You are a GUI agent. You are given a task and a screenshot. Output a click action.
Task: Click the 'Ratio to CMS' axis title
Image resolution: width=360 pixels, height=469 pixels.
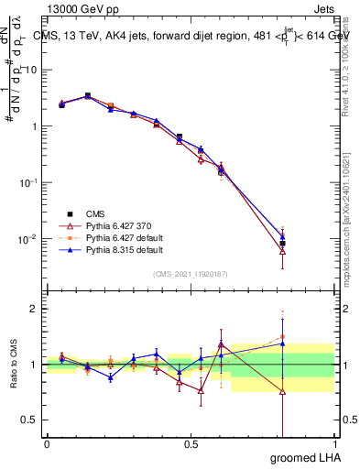pos(15,365)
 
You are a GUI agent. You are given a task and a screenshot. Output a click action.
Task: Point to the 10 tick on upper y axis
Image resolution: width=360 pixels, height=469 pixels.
pos(31,70)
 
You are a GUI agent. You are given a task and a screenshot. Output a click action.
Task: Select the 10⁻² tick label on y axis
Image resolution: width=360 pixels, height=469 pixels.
pos(29,239)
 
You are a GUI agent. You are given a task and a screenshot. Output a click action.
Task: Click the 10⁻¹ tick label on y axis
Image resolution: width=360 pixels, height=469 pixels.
pos(29,182)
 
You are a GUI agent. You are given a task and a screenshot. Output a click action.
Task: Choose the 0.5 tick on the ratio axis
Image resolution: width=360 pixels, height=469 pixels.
pos(30,420)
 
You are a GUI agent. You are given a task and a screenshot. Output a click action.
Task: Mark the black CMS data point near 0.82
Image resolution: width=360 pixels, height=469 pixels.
pos(282,244)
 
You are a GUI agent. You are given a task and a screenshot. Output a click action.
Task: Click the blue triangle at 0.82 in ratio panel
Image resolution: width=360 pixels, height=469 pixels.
pos(282,344)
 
